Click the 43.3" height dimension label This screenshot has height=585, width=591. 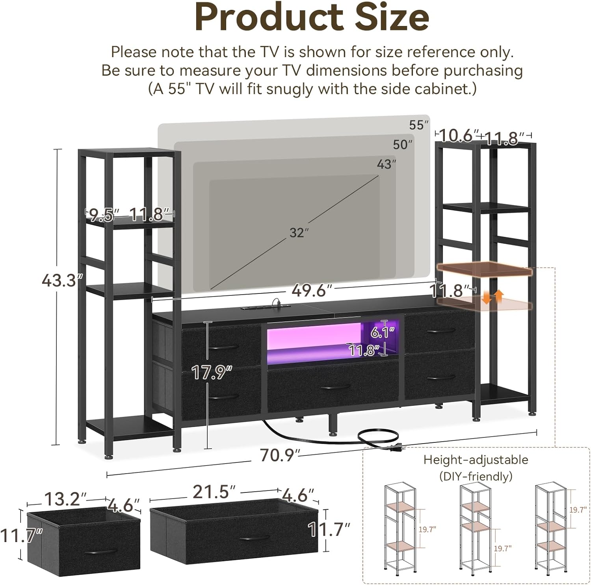tap(62, 280)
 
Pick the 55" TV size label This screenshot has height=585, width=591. tap(418, 125)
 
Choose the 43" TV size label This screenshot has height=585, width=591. tap(386, 164)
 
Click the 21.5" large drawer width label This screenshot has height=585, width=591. tap(214, 492)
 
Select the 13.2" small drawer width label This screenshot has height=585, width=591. tap(65, 499)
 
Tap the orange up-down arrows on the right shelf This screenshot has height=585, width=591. tap(493, 296)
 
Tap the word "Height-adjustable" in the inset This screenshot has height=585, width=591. tap(476, 460)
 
